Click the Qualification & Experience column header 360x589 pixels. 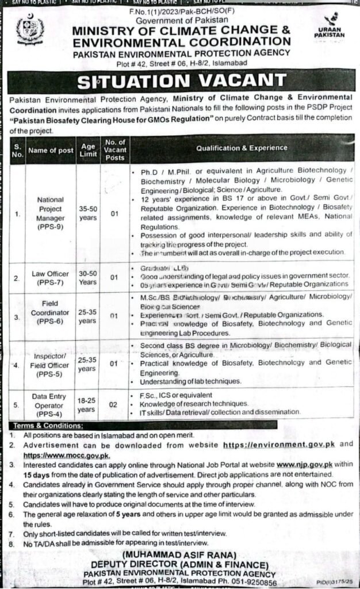point(242,148)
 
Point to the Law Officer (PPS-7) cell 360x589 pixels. point(51,277)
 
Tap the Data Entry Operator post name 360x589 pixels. point(51,405)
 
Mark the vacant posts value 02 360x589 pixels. point(114,405)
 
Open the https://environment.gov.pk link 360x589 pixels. point(272,445)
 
